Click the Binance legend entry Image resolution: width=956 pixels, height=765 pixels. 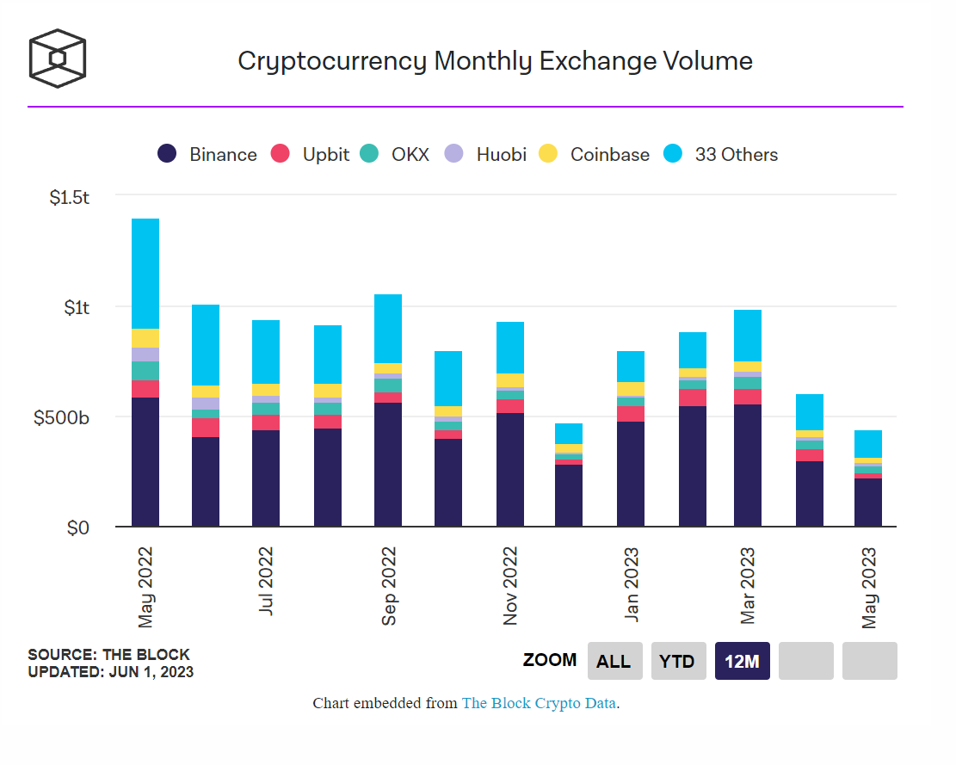pos(207,155)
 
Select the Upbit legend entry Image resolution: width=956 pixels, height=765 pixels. pos(311,155)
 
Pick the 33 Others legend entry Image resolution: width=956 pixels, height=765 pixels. pos(721,155)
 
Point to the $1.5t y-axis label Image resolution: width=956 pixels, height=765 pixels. pos(70,197)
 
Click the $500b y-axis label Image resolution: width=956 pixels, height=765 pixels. pos(62,418)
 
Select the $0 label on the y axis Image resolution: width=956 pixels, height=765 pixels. pos(78,527)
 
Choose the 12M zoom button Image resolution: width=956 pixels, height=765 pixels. pos(742,661)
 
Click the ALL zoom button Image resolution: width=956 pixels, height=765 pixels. pos(614,661)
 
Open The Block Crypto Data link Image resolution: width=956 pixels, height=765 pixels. pos(539,703)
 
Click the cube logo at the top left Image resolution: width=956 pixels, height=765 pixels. pos(58,59)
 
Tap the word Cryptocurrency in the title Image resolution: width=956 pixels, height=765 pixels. pos(332,61)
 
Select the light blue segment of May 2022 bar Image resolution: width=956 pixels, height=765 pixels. pos(145,274)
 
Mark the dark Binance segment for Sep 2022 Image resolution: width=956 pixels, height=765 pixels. pos(388,465)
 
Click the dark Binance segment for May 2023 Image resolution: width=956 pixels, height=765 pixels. pos(868,503)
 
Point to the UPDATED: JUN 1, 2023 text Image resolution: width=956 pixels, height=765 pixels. pos(110,672)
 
